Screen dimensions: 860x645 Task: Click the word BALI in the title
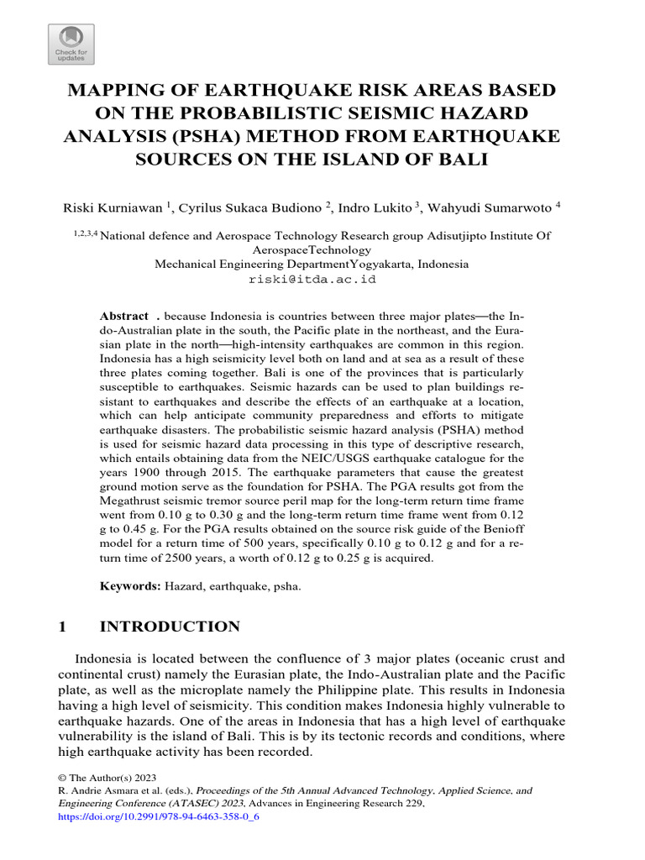460,159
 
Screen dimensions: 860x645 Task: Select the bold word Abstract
123,316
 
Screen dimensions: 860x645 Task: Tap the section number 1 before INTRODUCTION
63,627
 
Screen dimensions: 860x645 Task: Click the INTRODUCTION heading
170,627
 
